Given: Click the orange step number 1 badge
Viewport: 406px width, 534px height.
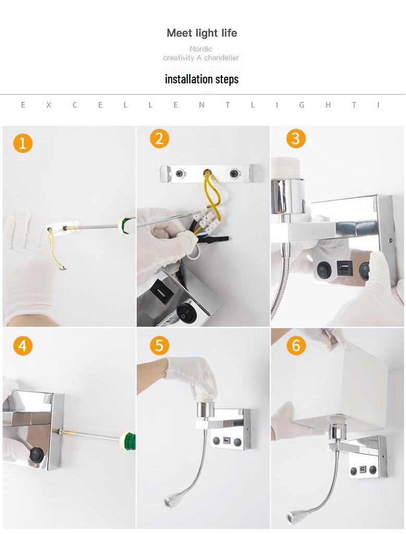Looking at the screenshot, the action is [23, 143].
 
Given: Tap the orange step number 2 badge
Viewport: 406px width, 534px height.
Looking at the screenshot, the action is [159, 139].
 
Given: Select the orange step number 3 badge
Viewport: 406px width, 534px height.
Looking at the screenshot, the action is [296, 138].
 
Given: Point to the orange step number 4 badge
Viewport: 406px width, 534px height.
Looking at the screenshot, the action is [23, 346].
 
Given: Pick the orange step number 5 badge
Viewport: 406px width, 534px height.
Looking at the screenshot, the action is [159, 345].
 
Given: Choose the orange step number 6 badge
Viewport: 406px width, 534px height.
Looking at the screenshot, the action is [296, 345].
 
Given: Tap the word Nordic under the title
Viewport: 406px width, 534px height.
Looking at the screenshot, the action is [201, 49].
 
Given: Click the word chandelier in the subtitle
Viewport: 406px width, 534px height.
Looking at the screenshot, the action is [222, 58].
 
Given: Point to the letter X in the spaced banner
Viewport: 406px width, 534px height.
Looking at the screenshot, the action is [48, 105].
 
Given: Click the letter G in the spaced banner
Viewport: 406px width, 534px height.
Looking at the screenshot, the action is [302, 105].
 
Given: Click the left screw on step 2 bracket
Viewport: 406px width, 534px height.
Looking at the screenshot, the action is [180, 173].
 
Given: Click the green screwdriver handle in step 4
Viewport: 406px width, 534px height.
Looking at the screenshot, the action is [129, 441].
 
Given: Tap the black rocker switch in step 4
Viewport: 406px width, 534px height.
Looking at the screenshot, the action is [36, 454].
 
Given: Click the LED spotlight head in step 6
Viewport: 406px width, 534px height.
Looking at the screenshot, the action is [293, 517].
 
